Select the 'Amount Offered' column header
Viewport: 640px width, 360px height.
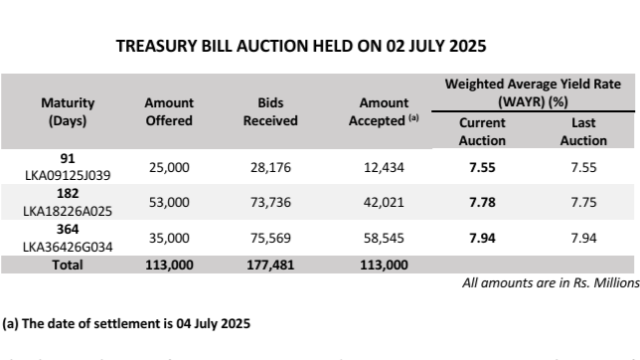169,111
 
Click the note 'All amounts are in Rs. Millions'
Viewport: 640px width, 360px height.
551,283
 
